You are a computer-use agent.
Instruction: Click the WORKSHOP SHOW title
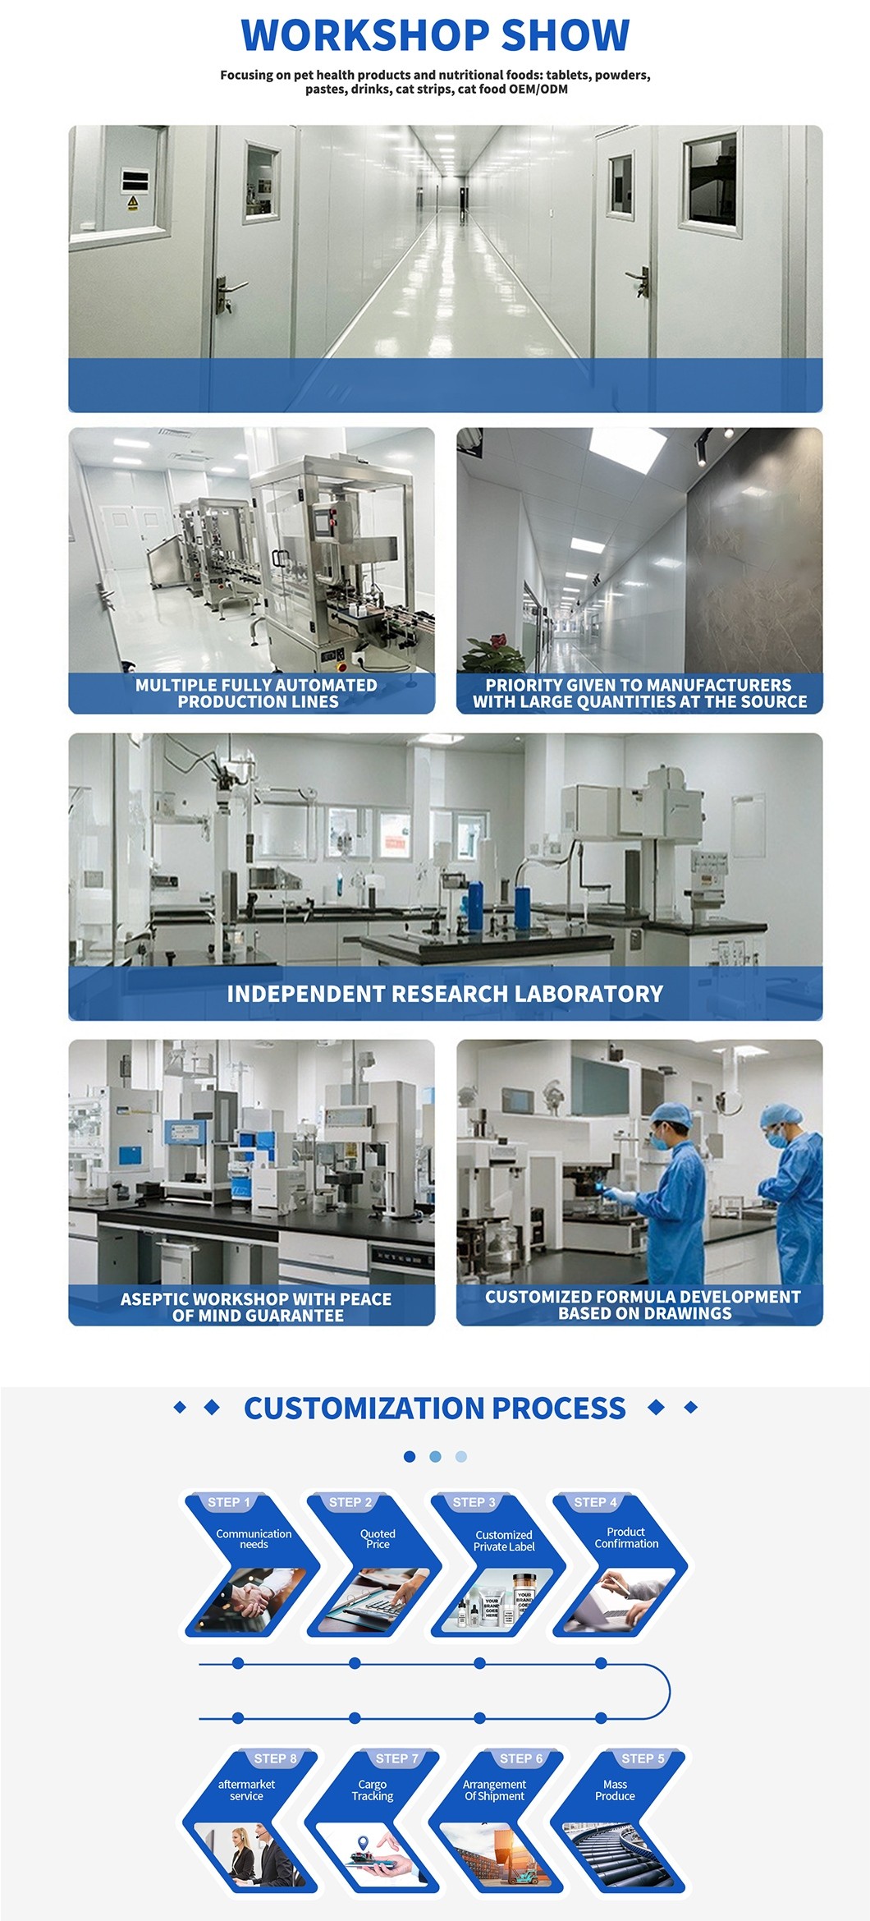[x=435, y=34]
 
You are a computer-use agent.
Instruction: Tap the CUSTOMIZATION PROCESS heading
[x=435, y=1408]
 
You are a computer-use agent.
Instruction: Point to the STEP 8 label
[x=276, y=1758]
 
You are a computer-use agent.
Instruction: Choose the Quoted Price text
[x=378, y=1539]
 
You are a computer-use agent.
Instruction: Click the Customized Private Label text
[x=504, y=1541]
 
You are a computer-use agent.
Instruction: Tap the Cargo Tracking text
[x=373, y=1790]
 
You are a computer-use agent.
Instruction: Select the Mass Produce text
[x=615, y=1790]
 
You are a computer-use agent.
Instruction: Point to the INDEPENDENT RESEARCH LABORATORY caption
[x=445, y=994]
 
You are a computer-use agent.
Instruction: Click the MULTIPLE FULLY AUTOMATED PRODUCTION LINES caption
[x=256, y=693]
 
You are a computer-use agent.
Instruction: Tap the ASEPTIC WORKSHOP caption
[x=256, y=1307]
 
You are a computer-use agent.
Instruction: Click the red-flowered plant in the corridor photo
[x=492, y=653]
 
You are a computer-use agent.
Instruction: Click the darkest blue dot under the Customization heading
[x=410, y=1456]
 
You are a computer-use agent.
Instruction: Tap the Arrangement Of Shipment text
[x=494, y=1790]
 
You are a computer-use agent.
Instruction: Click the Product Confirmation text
[x=626, y=1537]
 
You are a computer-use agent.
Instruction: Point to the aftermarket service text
[x=246, y=1790]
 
